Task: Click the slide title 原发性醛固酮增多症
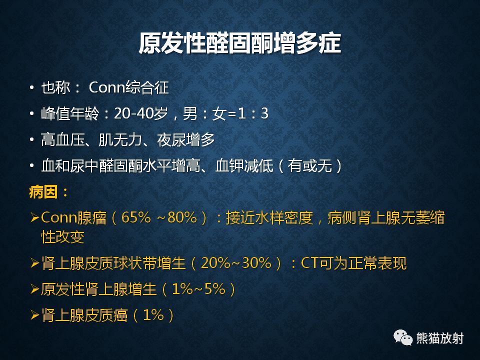(239, 44)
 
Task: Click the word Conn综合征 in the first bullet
(128, 88)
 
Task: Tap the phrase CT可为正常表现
(354, 263)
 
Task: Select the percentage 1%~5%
(197, 289)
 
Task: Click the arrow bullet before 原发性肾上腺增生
(34, 289)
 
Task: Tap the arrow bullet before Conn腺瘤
(34, 218)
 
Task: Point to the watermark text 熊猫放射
(440, 338)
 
